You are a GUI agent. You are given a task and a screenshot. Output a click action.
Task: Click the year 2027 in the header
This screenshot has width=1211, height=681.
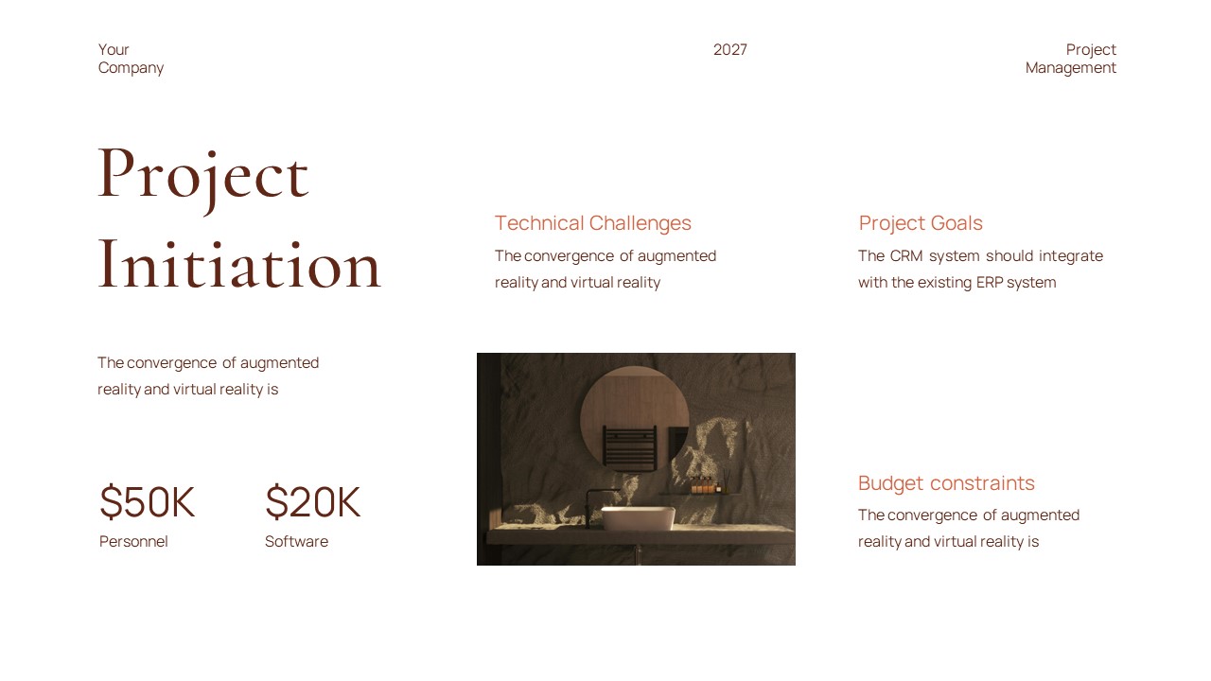click(729, 50)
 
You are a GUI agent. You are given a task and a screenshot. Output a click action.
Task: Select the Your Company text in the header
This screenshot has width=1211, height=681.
click(131, 59)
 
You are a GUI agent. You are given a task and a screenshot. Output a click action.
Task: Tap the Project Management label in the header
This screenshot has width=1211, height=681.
click(1071, 59)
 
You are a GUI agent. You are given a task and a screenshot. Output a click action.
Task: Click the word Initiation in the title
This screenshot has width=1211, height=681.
click(239, 265)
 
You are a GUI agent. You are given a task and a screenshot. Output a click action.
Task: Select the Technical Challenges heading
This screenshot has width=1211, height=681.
click(592, 223)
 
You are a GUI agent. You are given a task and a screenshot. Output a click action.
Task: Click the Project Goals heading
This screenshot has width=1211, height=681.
click(920, 223)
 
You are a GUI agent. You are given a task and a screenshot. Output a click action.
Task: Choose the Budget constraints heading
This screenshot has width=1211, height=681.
click(946, 483)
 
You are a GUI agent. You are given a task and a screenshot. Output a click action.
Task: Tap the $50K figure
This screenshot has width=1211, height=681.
click(147, 502)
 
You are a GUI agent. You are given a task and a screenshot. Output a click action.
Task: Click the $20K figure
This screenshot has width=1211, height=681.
click(312, 502)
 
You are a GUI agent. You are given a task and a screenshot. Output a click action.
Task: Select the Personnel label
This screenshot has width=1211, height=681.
click(133, 542)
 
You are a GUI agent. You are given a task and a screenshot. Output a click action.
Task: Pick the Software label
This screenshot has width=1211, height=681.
click(296, 542)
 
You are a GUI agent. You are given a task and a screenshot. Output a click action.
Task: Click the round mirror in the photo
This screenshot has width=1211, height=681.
click(634, 407)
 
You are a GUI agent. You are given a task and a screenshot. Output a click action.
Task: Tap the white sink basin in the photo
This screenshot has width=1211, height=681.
click(638, 518)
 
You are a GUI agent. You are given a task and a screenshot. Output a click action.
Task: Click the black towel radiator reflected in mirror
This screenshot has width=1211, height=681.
click(629, 448)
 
